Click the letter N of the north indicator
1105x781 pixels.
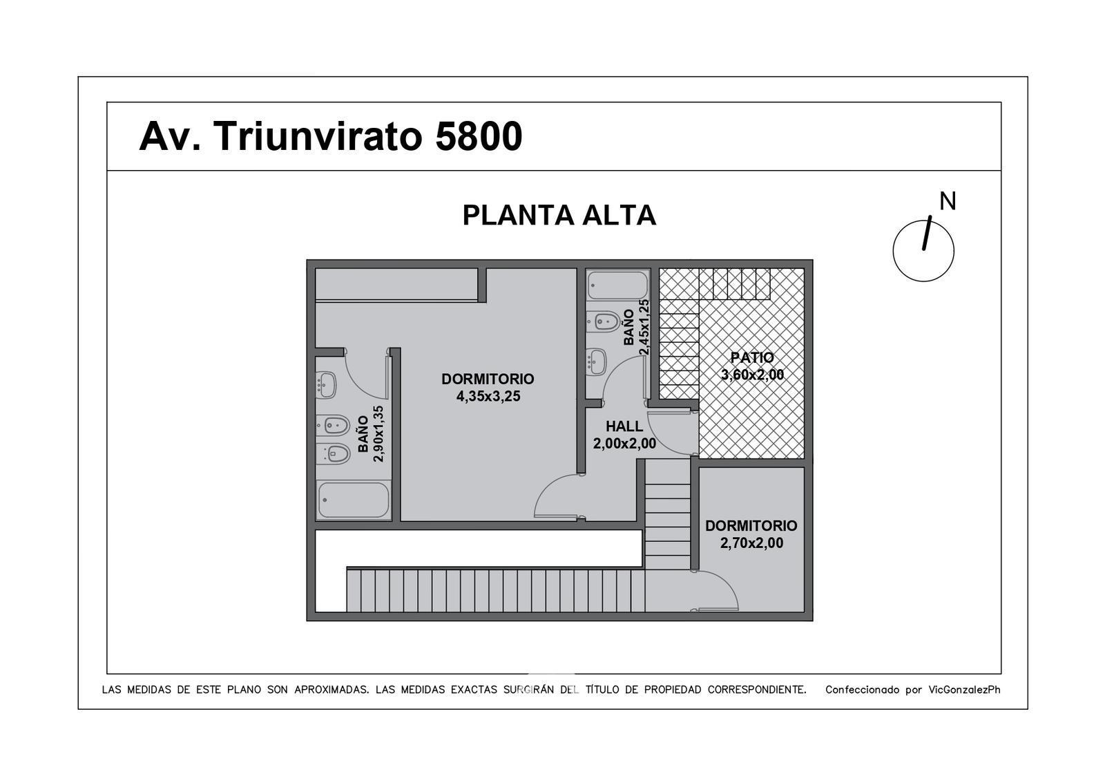pyautogui.click(x=947, y=201)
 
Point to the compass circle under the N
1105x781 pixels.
pyautogui.click(x=894, y=252)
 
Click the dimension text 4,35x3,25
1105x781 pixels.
pyautogui.click(x=488, y=397)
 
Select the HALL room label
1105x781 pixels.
pyautogui.click(x=624, y=426)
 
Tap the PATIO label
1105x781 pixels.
pyautogui.click(x=752, y=357)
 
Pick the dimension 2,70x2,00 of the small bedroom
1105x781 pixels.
pyautogui.click(x=751, y=543)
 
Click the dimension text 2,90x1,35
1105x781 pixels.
pyautogui.click(x=378, y=434)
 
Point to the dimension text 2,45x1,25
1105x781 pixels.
pyautogui.click(x=644, y=327)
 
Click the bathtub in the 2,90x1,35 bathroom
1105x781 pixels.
pyautogui.click(x=353, y=500)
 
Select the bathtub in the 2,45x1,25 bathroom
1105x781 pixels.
pyautogui.click(x=617, y=285)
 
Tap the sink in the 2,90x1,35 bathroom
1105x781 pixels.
pyautogui.click(x=326, y=384)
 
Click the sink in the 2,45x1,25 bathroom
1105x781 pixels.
pyautogui.click(x=597, y=362)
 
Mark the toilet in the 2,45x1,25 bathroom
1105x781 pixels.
pyautogui.click(x=604, y=322)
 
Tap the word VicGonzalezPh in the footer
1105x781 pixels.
pyautogui.click(x=964, y=690)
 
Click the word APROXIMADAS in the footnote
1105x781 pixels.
pyautogui.click(x=331, y=690)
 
